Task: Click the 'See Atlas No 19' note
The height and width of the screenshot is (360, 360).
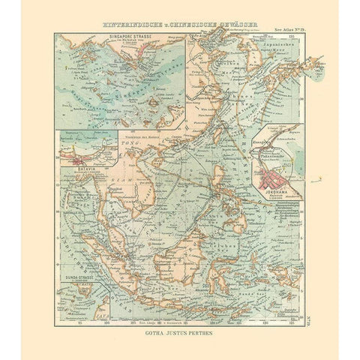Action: click(288, 36)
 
